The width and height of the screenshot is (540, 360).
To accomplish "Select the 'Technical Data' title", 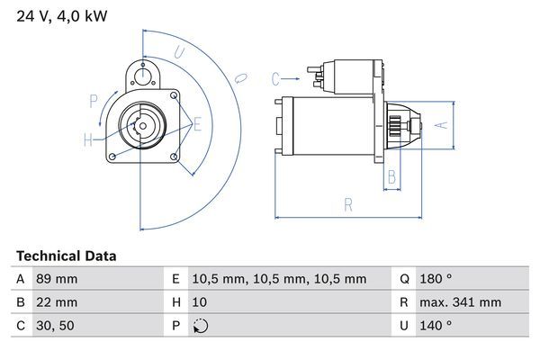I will pyautogui.click(x=67, y=256).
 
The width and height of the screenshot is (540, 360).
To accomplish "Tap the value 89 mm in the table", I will pyautogui.click(x=57, y=279).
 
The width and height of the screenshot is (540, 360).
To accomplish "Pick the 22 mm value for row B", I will pyautogui.click(x=57, y=302).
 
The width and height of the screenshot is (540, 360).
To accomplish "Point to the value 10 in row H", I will pyautogui.click(x=201, y=302).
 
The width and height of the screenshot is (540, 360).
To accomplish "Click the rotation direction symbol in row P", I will pyautogui.click(x=201, y=326).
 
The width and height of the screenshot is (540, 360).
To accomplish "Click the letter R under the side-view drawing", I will pyautogui.click(x=348, y=206).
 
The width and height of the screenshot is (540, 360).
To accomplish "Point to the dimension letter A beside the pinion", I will pyautogui.click(x=441, y=125).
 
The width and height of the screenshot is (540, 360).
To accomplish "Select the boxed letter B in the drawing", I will pyautogui.click(x=391, y=177).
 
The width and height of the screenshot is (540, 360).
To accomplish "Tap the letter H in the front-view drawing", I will pyautogui.click(x=88, y=139).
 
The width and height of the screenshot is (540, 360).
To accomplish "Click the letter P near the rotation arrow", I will pyautogui.click(x=93, y=102).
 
